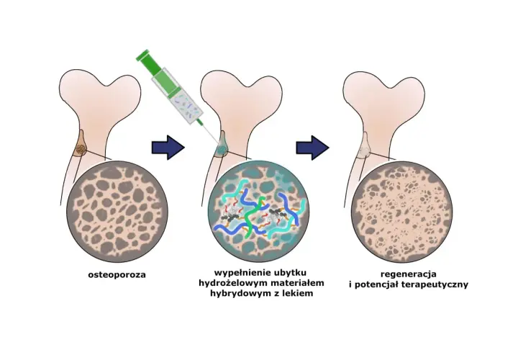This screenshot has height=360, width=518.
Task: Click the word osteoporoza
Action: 117,275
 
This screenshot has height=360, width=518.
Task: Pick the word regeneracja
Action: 409,274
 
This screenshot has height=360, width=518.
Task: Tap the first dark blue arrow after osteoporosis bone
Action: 168,148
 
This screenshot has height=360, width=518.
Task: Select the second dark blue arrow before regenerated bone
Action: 312,148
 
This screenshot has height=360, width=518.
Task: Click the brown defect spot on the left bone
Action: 81,150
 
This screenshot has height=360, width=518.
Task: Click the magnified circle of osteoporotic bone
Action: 117,212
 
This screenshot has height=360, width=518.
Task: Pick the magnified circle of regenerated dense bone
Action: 401,212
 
